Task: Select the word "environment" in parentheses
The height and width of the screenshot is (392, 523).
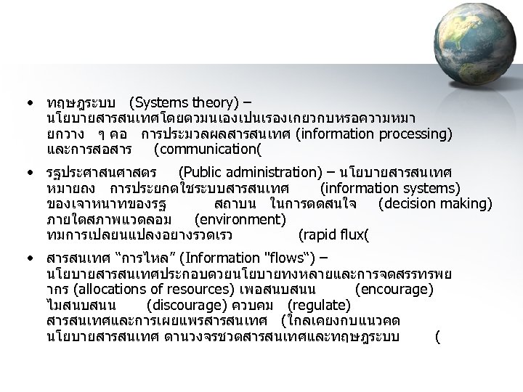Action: [x=240, y=219]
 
